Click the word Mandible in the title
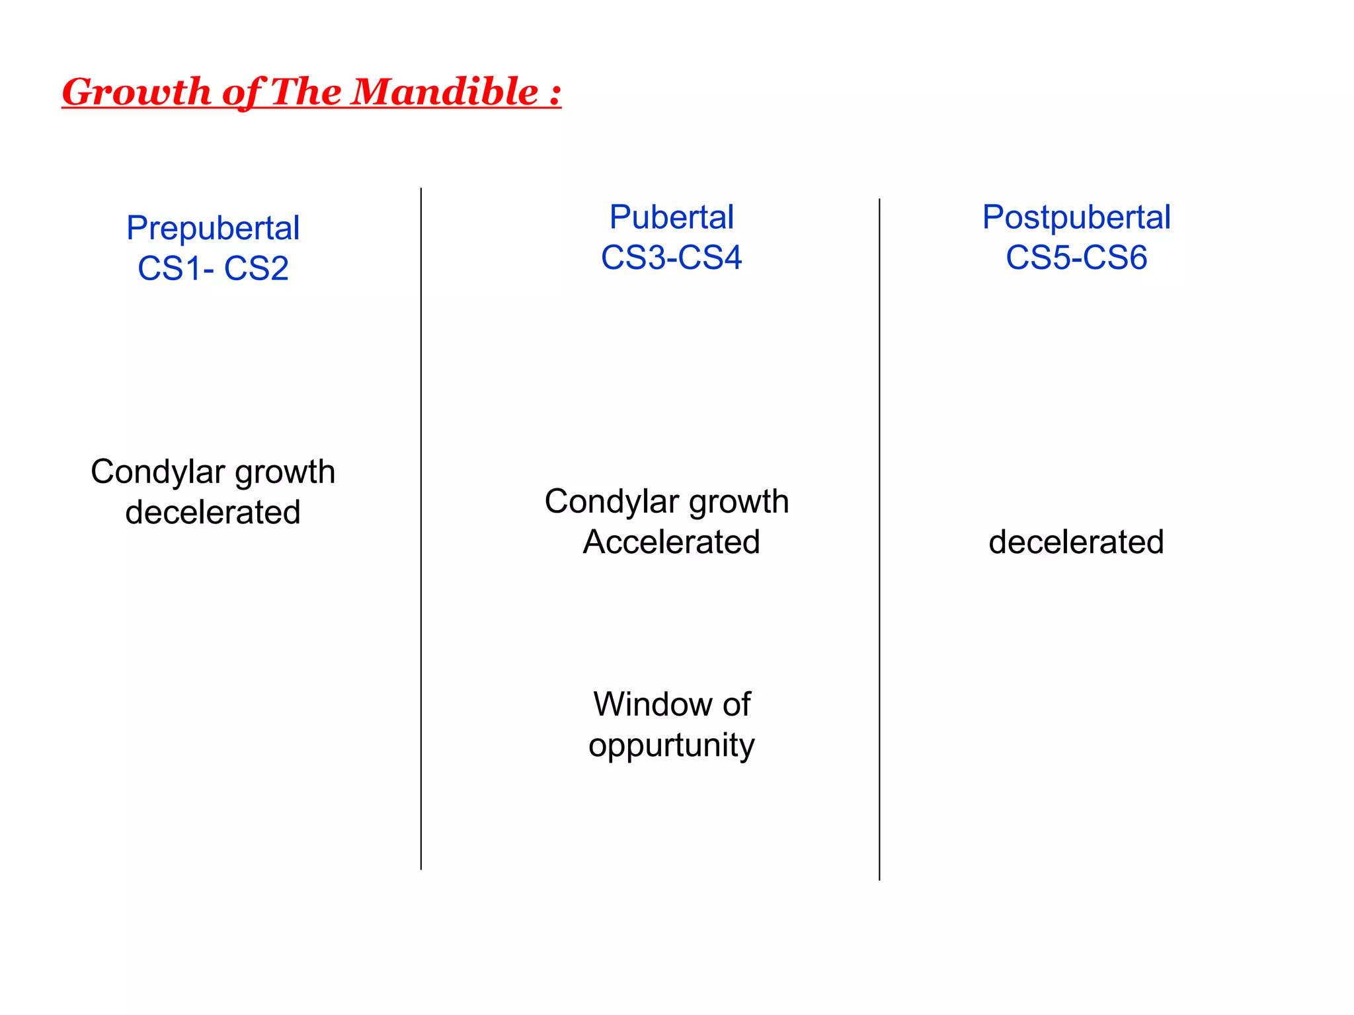tap(444, 91)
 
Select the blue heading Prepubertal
tap(213, 229)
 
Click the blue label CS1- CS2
tap(213, 268)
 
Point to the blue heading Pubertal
tap(671, 217)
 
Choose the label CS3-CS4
tap(671, 257)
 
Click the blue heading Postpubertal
tap(1076, 217)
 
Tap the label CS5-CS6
tap(1076, 257)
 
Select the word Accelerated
tap(671, 542)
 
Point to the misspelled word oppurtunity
tap(671, 745)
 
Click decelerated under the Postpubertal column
tap(1076, 542)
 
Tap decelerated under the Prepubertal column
tap(213, 512)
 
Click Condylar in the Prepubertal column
tap(158, 472)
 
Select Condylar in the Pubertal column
tap(612, 502)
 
